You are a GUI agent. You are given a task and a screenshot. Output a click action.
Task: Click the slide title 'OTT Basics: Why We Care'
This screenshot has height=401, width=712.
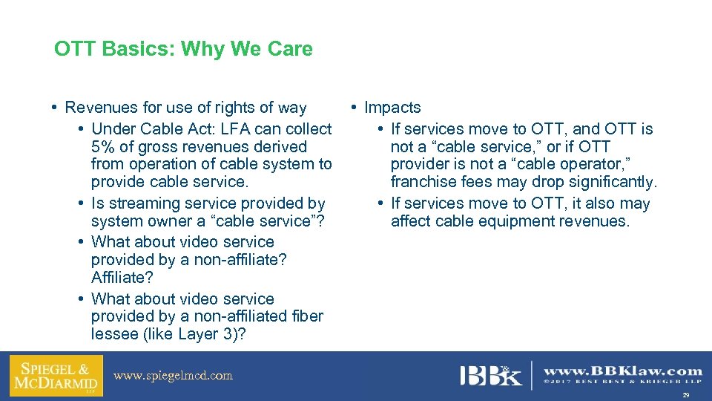pyautogui.click(x=183, y=50)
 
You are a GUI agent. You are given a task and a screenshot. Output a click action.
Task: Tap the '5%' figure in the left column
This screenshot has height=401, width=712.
pyautogui.click(x=105, y=147)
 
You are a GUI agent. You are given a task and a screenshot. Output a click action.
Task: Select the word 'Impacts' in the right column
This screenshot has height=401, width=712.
pyautogui.click(x=392, y=108)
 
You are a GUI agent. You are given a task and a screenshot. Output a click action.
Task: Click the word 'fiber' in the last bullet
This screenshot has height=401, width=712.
pyautogui.click(x=307, y=316)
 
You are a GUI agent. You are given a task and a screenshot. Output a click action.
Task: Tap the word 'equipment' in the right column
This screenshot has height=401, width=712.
pyautogui.click(x=528, y=221)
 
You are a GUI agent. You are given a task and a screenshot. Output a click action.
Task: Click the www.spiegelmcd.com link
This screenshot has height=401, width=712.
pyautogui.click(x=173, y=376)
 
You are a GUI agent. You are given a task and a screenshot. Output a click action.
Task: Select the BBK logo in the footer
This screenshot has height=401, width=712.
pyautogui.click(x=490, y=375)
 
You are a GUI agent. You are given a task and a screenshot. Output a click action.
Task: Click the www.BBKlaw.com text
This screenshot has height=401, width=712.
pyautogui.click(x=623, y=370)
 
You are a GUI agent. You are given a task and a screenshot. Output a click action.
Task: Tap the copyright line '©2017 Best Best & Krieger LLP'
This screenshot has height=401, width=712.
pyautogui.click(x=623, y=382)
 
